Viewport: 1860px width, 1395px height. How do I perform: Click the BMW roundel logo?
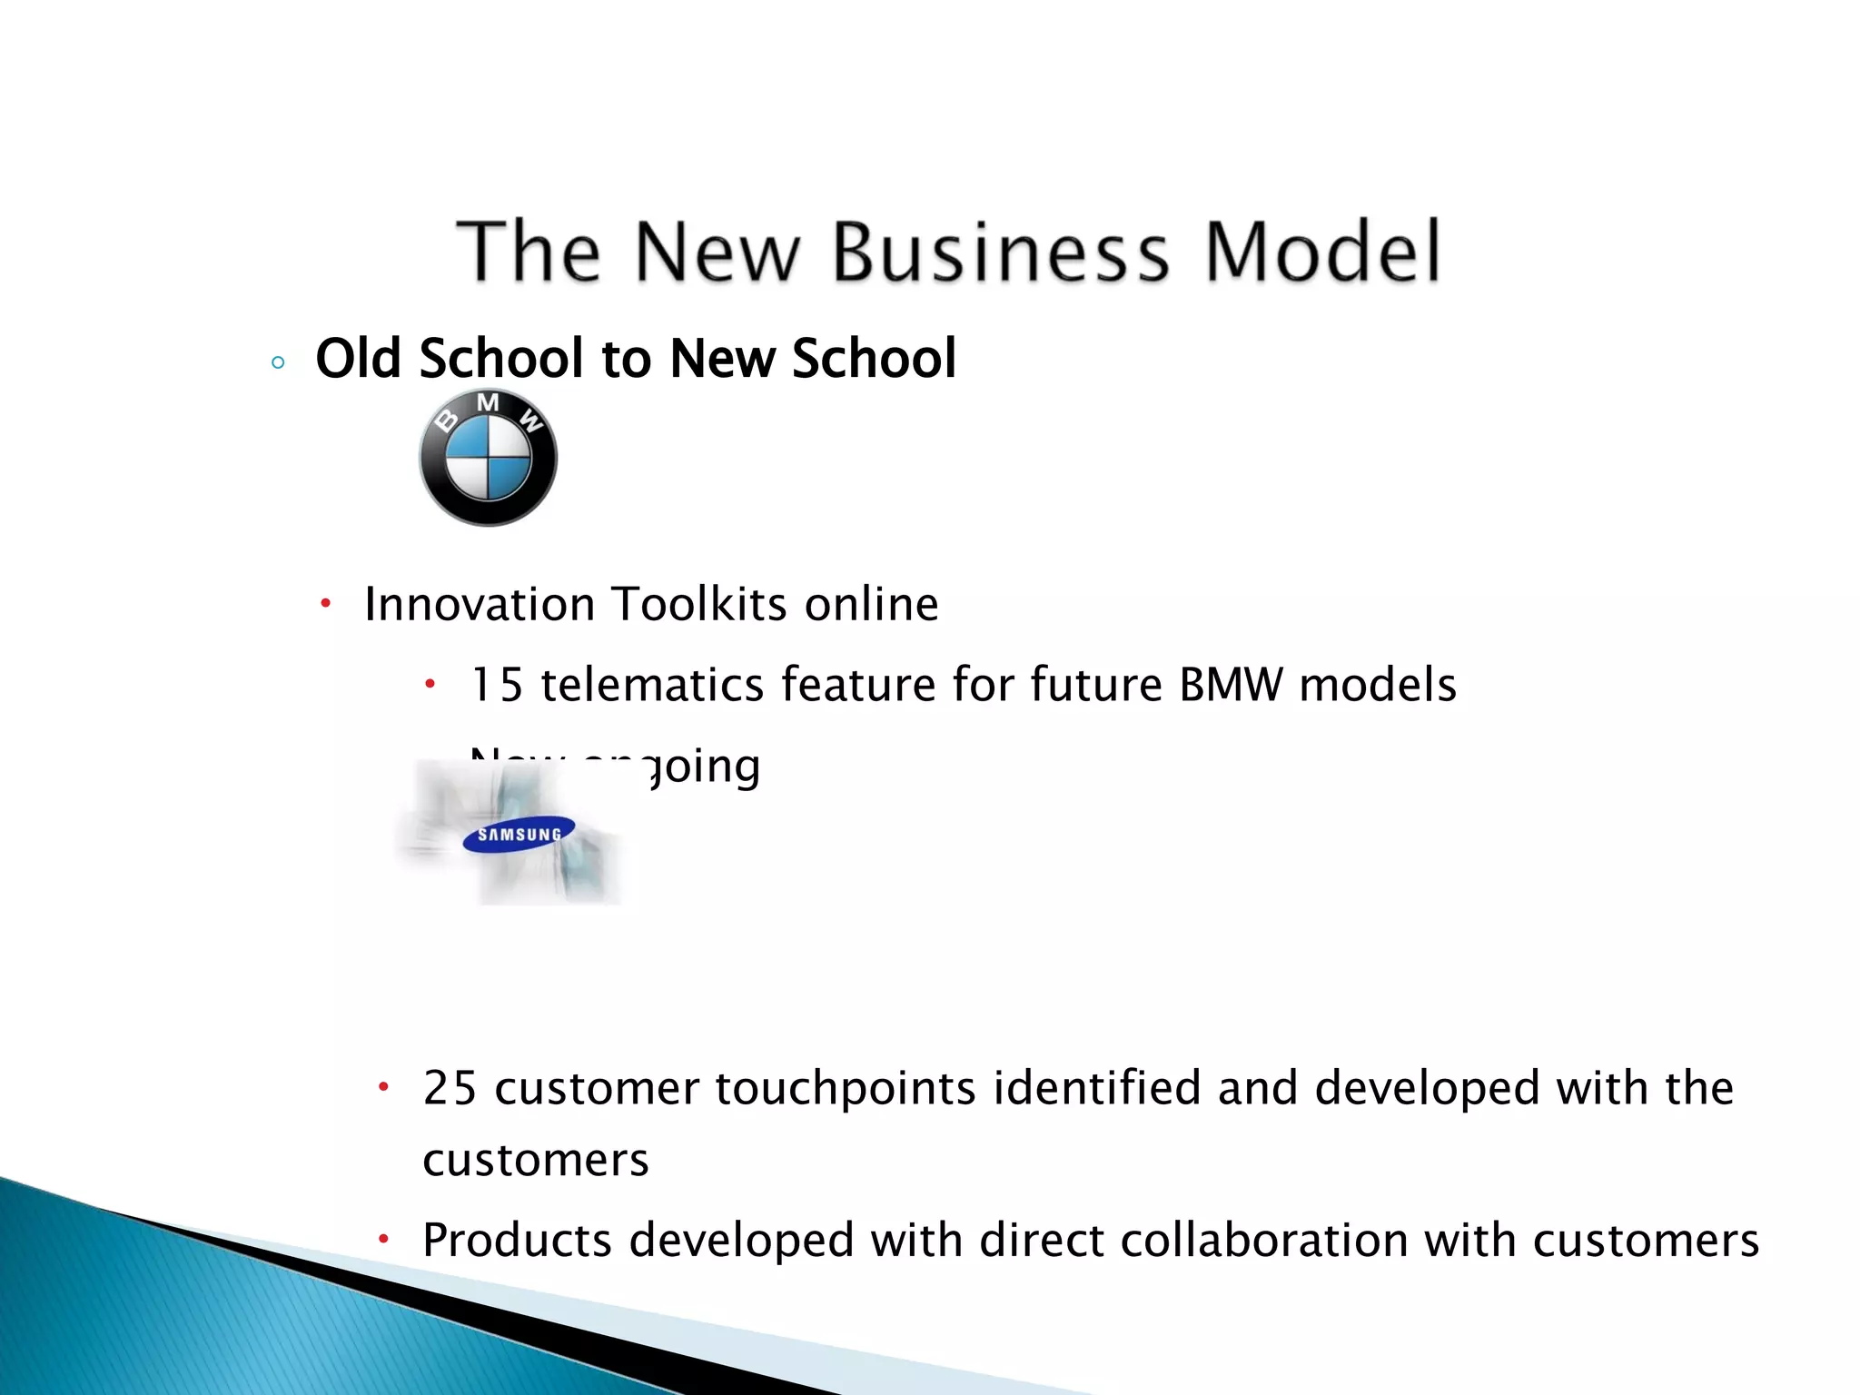(x=488, y=458)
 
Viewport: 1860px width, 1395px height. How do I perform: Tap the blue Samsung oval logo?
(x=519, y=835)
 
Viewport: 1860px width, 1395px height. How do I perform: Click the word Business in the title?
(x=1000, y=252)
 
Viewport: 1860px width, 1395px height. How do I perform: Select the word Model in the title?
(x=1321, y=252)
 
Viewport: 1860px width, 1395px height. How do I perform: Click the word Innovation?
(x=480, y=604)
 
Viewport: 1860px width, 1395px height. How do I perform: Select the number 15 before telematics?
(x=497, y=685)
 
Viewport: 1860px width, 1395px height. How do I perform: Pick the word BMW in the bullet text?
(x=1231, y=685)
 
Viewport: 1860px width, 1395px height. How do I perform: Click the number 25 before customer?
(x=450, y=1088)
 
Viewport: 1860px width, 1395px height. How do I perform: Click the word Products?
(x=517, y=1241)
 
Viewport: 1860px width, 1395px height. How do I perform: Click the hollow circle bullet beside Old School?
(x=278, y=363)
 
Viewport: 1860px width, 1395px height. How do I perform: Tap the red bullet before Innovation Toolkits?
(x=326, y=603)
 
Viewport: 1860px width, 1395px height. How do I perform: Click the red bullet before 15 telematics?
(x=431, y=683)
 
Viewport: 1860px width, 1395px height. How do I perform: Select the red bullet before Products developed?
(x=384, y=1238)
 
